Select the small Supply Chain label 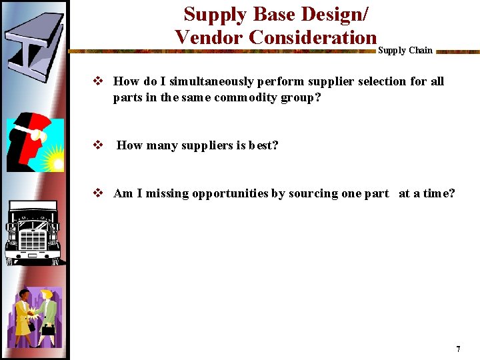[405, 50]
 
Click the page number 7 [458, 349]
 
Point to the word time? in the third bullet [439, 193]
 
